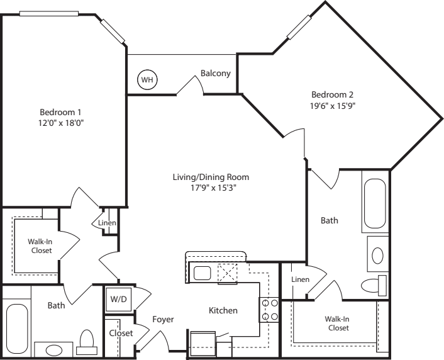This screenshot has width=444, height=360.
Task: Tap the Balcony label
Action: (216, 73)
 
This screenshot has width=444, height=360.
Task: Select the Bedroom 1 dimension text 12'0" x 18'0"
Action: (62, 123)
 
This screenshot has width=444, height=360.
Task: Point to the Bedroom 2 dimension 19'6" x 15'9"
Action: (333, 106)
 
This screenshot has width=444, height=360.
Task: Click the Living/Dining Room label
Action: (211, 177)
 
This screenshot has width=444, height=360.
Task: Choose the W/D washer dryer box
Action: (118, 299)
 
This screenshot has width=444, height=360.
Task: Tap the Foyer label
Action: (163, 320)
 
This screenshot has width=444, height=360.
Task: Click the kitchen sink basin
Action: (202, 273)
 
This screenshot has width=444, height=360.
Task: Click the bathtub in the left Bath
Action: (17, 329)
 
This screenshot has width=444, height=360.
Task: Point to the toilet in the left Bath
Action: (87, 342)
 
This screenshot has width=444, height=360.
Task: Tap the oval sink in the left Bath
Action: (54, 350)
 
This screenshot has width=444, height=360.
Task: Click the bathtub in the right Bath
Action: (375, 203)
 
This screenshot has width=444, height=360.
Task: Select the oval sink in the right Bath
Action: (377, 256)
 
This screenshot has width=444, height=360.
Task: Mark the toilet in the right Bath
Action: (374, 286)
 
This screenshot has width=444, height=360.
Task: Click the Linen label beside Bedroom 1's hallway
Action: (107, 223)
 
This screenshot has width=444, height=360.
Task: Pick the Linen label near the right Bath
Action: (301, 279)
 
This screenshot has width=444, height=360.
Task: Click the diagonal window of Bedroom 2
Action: (299, 27)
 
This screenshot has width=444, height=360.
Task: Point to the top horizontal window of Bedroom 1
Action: (48, 14)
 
